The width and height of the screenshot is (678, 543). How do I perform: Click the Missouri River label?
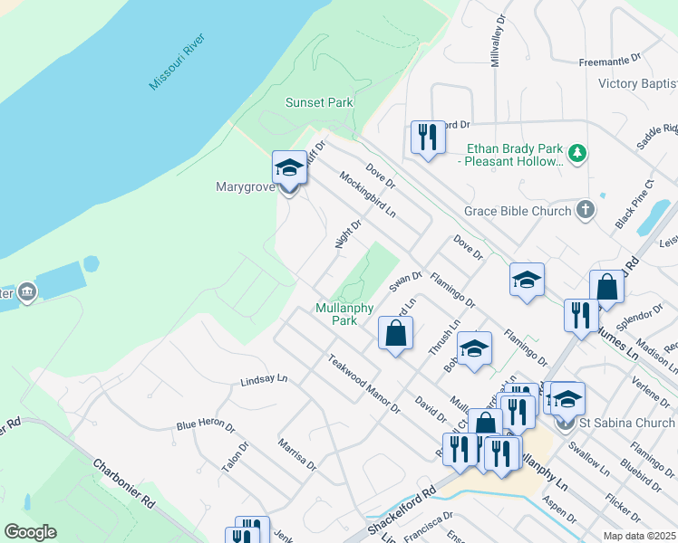pyautogui.click(x=178, y=61)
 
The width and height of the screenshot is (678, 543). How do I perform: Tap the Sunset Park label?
pyautogui.click(x=319, y=102)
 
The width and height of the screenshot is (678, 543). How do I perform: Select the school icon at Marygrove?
pyautogui.click(x=289, y=167)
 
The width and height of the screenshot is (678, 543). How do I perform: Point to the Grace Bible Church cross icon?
pyautogui.click(x=586, y=211)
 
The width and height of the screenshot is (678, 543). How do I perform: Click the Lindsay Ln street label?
pyautogui.click(x=264, y=382)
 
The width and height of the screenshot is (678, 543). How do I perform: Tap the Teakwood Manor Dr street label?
pyautogui.click(x=364, y=383)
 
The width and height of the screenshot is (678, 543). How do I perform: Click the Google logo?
pyautogui.click(x=30, y=532)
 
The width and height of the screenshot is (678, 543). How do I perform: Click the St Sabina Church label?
pyautogui.click(x=628, y=423)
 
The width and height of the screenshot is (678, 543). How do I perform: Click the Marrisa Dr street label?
pyautogui.click(x=297, y=454)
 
